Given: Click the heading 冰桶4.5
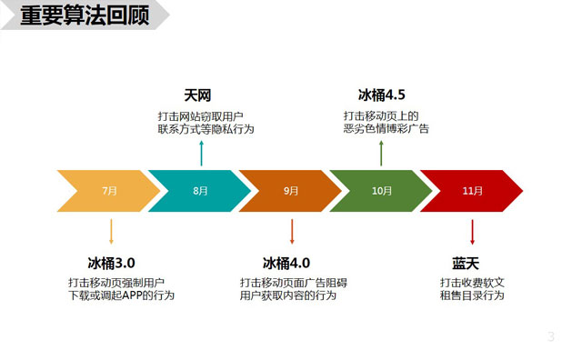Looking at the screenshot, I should pos(382,95).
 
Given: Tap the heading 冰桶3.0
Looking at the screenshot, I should pos(112,264).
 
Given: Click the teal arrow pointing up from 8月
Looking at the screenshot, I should pos(201,153).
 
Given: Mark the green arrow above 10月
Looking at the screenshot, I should pos(382,153).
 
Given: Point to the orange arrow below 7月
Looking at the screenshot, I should pos(111,230).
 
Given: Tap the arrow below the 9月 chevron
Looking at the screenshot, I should pos(291,230).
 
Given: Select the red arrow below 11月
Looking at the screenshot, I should pos(472,230).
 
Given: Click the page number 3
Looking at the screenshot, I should pos(550,337).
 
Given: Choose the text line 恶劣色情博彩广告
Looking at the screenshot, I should pos(386,129).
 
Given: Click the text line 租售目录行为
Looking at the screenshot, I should pos(471,295).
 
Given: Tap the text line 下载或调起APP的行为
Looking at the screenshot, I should pos(122,295).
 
